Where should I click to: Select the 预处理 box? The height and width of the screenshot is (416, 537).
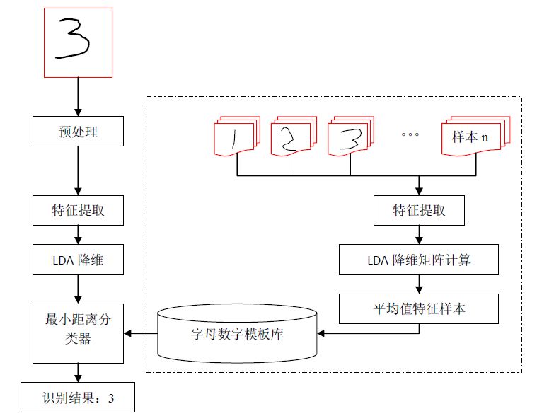77,131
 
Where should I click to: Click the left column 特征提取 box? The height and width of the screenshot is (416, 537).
77,210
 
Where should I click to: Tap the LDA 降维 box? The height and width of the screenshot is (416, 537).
77,260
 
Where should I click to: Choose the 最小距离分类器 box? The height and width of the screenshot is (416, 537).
77,330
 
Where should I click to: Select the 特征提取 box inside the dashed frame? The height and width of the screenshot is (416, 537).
419,210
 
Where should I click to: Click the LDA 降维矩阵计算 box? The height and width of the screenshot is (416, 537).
419,260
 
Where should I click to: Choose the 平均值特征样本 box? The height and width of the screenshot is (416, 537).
419,308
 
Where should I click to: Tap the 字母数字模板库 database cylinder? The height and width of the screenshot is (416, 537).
236,332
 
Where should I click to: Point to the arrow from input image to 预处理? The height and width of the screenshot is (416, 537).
77,96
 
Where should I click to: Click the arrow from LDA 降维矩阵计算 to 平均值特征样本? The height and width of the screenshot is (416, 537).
419,284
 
